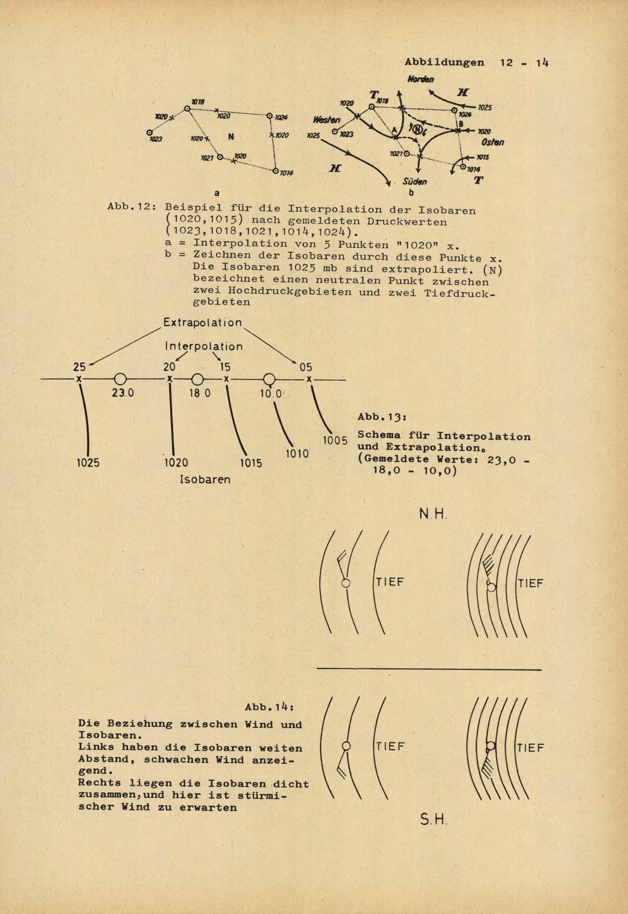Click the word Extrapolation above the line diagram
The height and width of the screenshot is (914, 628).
pos(203,323)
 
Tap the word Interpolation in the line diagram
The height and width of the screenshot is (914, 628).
pos(203,347)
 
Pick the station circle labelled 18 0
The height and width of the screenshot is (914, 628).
pos(198,380)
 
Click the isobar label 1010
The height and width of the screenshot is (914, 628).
pos(297,454)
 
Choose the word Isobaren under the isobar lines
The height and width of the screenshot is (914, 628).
pos(205,479)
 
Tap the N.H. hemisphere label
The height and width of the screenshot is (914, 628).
pos(433,515)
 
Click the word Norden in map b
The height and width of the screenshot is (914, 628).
pos(420,79)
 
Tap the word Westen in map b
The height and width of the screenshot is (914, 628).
pos(327,120)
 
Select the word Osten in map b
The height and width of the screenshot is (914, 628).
pos(492,142)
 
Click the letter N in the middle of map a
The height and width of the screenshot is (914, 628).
pos(231,137)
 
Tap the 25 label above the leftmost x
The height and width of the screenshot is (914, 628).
pos(79,367)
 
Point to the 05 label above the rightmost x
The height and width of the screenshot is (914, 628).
pos(306,367)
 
